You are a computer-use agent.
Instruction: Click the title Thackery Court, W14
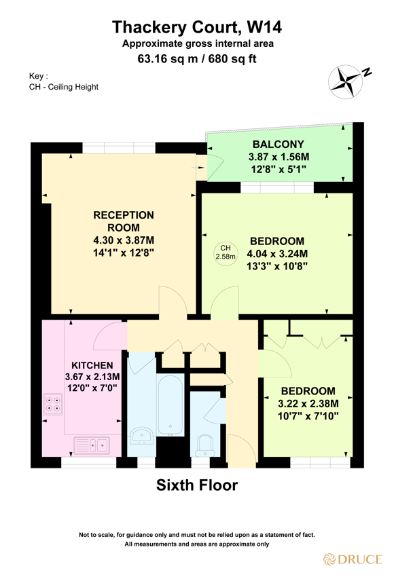[196, 27]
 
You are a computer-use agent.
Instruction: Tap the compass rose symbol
[346, 80]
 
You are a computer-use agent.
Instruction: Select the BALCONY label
[278, 145]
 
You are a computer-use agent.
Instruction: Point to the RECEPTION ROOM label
[124, 221]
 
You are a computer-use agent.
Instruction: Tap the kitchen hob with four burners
[53, 405]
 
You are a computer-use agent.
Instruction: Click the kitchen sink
[92, 446]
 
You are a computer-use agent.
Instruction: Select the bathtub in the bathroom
[168, 405]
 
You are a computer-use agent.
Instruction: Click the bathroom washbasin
[142, 434]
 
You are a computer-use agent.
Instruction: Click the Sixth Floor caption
[197, 486]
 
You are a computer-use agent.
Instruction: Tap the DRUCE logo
[352, 560]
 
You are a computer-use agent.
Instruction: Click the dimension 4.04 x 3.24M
[277, 254]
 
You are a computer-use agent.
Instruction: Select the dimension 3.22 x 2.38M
[308, 403]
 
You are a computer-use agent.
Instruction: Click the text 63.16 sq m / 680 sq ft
[197, 59]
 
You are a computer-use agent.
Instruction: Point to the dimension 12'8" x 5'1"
[278, 168]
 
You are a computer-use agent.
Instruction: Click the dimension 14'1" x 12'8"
[124, 252]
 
